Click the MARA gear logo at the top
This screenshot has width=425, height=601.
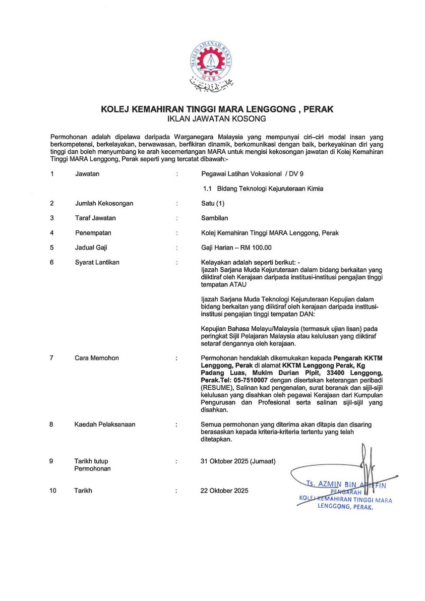point(212,60)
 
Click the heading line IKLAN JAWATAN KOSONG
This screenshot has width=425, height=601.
point(212,119)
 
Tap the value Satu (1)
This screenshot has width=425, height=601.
point(212,203)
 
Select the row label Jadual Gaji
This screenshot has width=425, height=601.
point(91,248)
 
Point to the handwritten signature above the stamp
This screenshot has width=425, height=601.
point(365,464)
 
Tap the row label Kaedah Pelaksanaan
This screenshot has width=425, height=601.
point(105,425)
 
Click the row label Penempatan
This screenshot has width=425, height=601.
point(93,233)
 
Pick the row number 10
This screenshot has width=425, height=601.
point(53,490)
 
